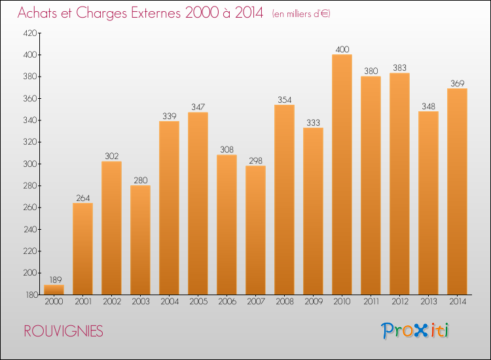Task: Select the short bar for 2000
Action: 54,289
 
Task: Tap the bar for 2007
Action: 255,230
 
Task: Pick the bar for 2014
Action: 457,191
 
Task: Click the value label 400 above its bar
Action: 342,49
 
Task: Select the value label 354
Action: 284,99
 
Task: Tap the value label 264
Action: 82,198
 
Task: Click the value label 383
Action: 399,67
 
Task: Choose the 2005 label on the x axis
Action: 198,302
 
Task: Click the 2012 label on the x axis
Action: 399,302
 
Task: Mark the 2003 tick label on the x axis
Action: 140,302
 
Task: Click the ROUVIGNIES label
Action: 63,331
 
